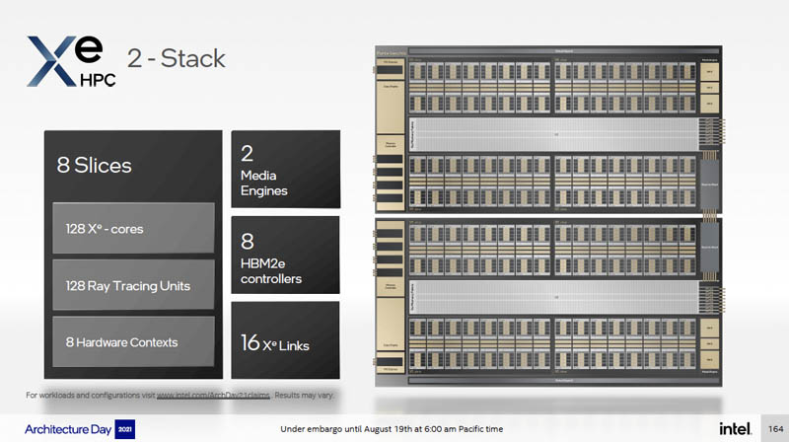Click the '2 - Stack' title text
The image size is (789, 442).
click(177, 57)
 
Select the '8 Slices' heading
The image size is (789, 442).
click(95, 166)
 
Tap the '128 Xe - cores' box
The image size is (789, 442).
click(132, 229)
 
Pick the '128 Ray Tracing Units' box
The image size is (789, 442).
click(132, 285)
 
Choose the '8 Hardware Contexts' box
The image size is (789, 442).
click(132, 342)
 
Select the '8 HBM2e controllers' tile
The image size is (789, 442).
click(284, 256)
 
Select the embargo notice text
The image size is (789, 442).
click(393, 429)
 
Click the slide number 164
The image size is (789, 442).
click(774, 428)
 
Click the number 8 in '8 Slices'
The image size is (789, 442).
click(61, 166)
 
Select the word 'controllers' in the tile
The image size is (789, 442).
click(271, 279)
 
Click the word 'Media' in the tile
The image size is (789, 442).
click(258, 176)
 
